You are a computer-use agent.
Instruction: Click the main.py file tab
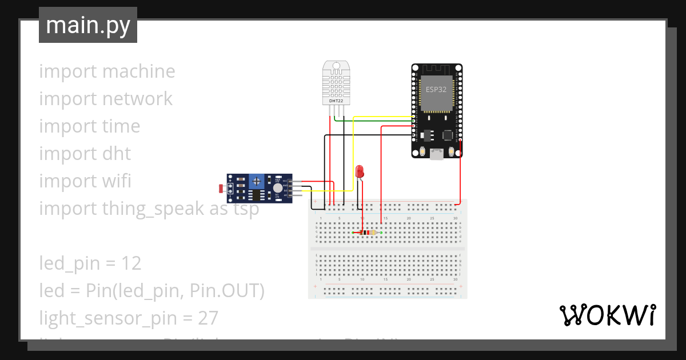tap(87, 25)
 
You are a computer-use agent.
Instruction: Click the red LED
tap(360, 171)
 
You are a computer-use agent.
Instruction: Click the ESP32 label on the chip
tap(436, 90)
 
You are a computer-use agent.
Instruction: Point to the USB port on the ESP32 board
tap(437, 154)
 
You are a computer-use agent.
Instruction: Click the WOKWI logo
tap(607, 315)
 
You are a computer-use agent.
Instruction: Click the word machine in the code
tap(139, 71)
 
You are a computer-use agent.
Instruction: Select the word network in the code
tap(137, 99)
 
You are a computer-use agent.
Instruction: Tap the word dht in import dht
tap(117, 154)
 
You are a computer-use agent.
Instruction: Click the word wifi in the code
tap(117, 181)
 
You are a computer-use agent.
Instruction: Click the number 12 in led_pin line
tap(131, 263)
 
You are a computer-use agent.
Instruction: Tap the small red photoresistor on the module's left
tap(222, 187)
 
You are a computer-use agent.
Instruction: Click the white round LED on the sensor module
tap(278, 187)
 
